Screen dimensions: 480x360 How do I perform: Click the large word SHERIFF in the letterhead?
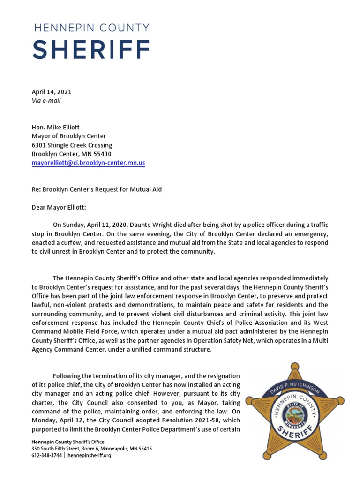(x=92, y=49)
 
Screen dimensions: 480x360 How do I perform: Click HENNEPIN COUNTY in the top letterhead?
(x=92, y=28)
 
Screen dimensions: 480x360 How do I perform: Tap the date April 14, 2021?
(x=52, y=92)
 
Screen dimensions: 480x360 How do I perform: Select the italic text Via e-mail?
(x=46, y=100)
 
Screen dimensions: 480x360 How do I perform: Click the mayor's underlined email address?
(x=88, y=163)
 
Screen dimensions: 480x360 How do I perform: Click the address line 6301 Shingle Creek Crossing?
(x=72, y=145)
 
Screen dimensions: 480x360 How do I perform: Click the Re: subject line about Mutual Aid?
(x=97, y=189)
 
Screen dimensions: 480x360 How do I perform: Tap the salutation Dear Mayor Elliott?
(x=59, y=207)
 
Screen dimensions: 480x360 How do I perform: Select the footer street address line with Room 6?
(x=91, y=449)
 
